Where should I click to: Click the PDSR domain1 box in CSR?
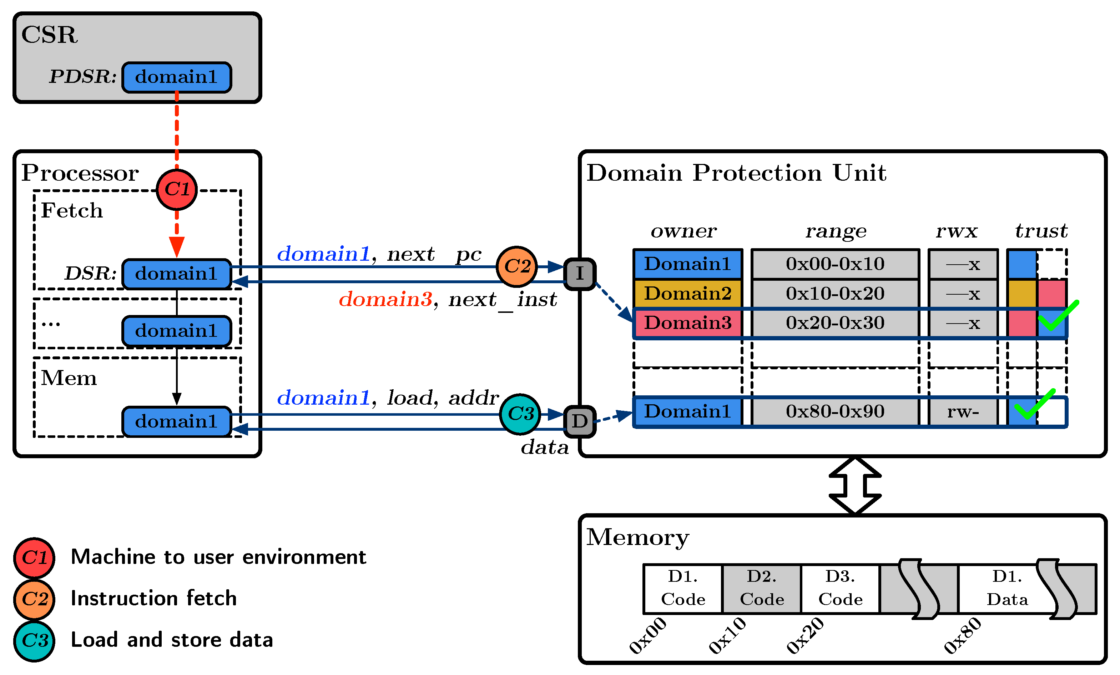pos(176,77)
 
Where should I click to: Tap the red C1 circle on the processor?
pos(176,189)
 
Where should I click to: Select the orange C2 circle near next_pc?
pos(517,266)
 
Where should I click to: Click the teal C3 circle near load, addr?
pos(520,414)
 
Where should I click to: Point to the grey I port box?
pos(580,274)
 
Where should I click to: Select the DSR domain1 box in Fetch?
pos(176,274)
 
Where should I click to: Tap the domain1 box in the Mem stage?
pos(176,422)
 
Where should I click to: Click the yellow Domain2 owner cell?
pos(687,293)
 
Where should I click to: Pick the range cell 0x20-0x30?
pos(834,323)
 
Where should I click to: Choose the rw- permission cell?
pos(963,412)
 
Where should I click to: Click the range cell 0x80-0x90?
pos(834,412)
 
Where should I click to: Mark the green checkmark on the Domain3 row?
pos(1057,316)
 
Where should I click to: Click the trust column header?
pos(1041,231)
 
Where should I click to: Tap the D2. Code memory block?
pos(761,589)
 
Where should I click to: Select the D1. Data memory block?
pos(1007,589)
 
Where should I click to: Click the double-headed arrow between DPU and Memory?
pos(854,486)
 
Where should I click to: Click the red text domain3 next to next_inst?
pos(385,299)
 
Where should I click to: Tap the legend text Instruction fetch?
pos(153,598)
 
